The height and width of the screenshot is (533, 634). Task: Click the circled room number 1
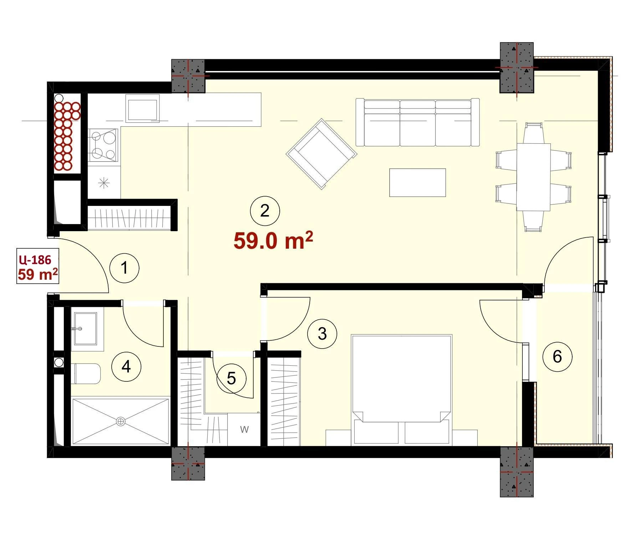[x=124, y=268]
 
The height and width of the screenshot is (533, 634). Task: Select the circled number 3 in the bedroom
[x=322, y=334]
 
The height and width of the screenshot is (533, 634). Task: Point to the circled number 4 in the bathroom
[x=126, y=366]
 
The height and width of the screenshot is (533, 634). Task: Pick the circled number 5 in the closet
[x=232, y=378]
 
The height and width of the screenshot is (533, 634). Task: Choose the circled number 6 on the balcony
[x=557, y=356]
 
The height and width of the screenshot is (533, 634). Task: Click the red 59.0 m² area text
[x=273, y=240]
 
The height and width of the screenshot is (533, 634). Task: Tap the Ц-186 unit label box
[x=38, y=266]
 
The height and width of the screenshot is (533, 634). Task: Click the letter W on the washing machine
[x=244, y=429]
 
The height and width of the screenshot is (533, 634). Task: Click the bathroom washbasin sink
[x=85, y=329]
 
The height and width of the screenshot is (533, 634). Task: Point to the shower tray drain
[x=121, y=422]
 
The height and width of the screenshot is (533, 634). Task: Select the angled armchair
[x=321, y=154]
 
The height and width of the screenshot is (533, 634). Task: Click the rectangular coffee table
[x=417, y=183]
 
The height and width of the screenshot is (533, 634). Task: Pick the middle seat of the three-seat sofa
[x=417, y=123]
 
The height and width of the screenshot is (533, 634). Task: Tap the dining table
[x=533, y=177]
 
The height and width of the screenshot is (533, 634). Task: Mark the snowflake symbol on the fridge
[x=104, y=183]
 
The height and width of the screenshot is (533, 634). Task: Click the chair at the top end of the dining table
[x=533, y=133]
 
